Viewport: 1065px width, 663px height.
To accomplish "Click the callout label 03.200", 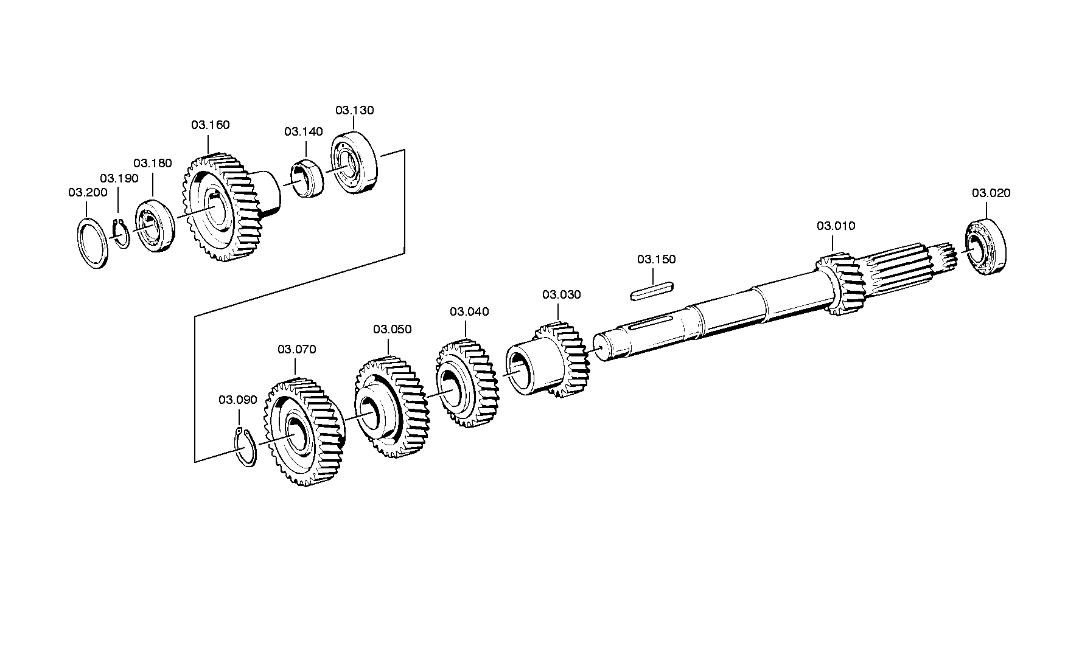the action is (88, 193).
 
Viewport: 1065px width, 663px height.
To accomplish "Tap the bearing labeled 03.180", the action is (155, 224).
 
